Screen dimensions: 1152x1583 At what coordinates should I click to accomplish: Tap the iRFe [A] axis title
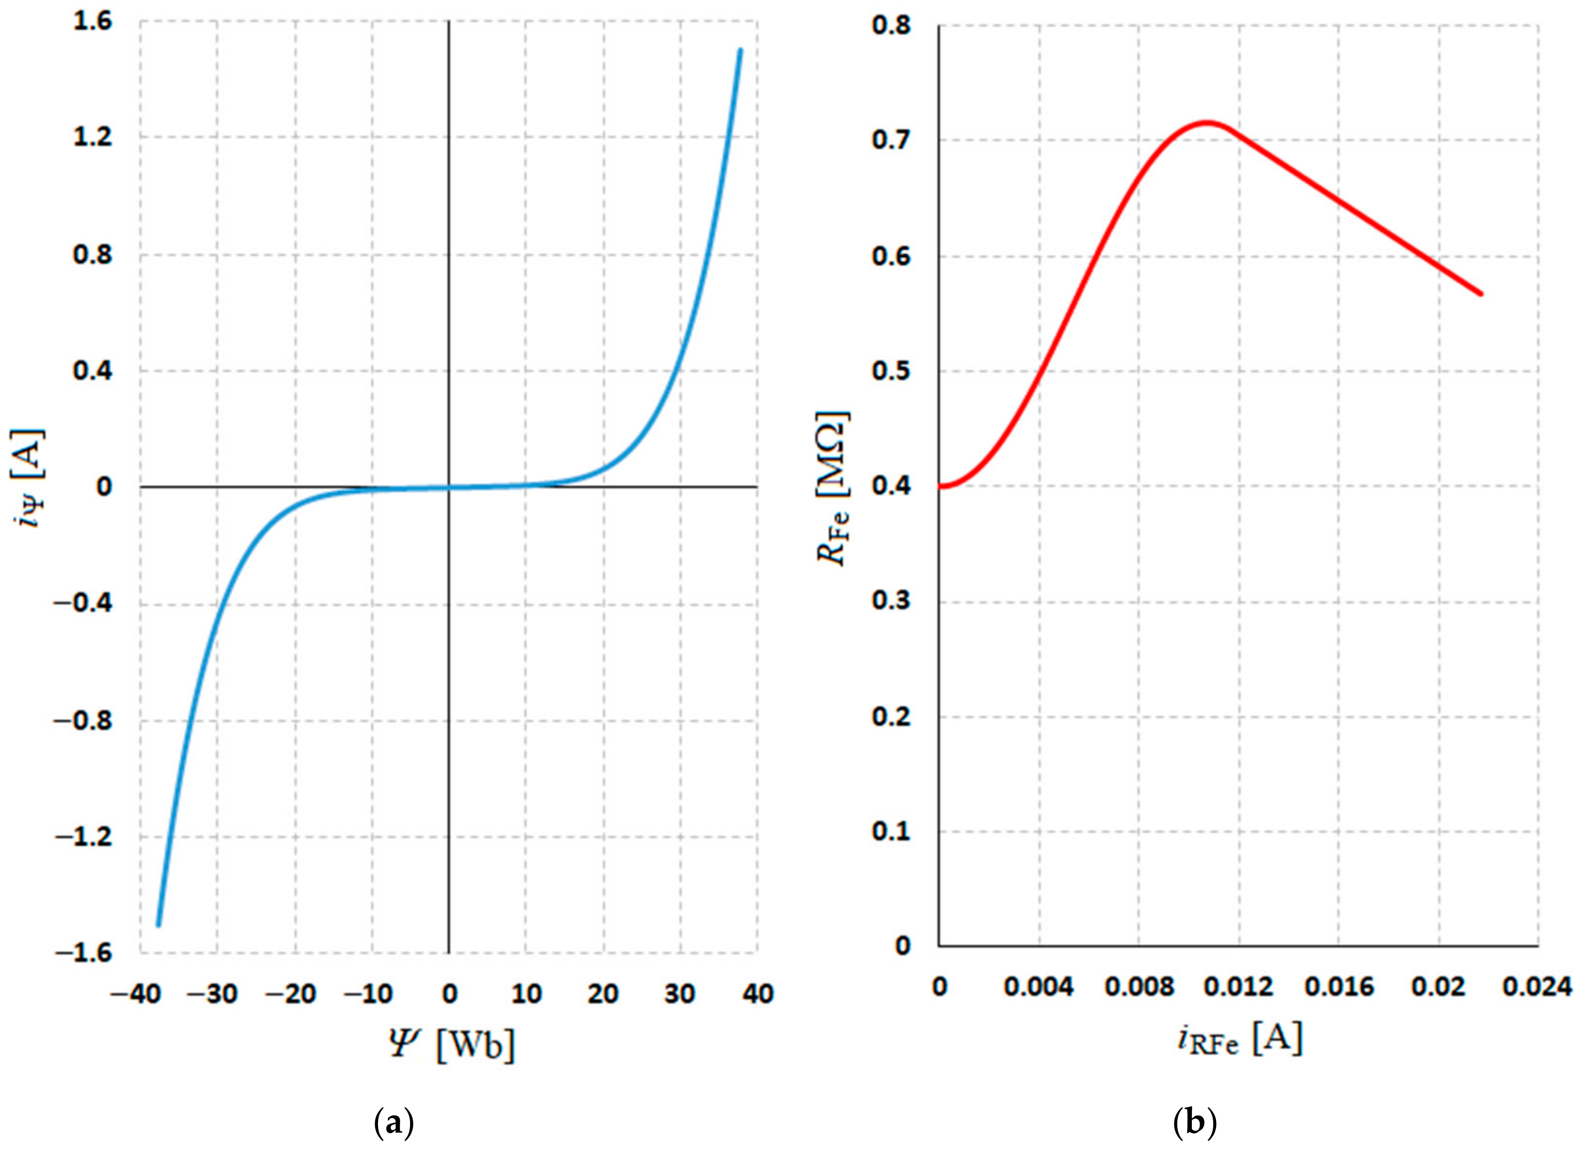pyautogui.click(x=1238, y=1041)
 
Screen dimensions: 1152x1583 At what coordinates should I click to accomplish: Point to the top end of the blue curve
pyautogui.click(x=741, y=49)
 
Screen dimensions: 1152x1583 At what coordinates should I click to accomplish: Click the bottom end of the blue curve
pyautogui.click(x=158, y=926)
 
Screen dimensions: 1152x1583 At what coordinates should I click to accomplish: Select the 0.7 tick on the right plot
pyautogui.click(x=891, y=140)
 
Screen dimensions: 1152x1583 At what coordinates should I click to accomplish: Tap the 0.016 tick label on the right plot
pyautogui.click(x=1338, y=987)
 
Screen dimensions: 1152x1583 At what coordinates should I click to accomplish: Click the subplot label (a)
pyautogui.click(x=395, y=1124)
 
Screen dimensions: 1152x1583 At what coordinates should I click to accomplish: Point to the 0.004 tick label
pyautogui.click(x=1039, y=987)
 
